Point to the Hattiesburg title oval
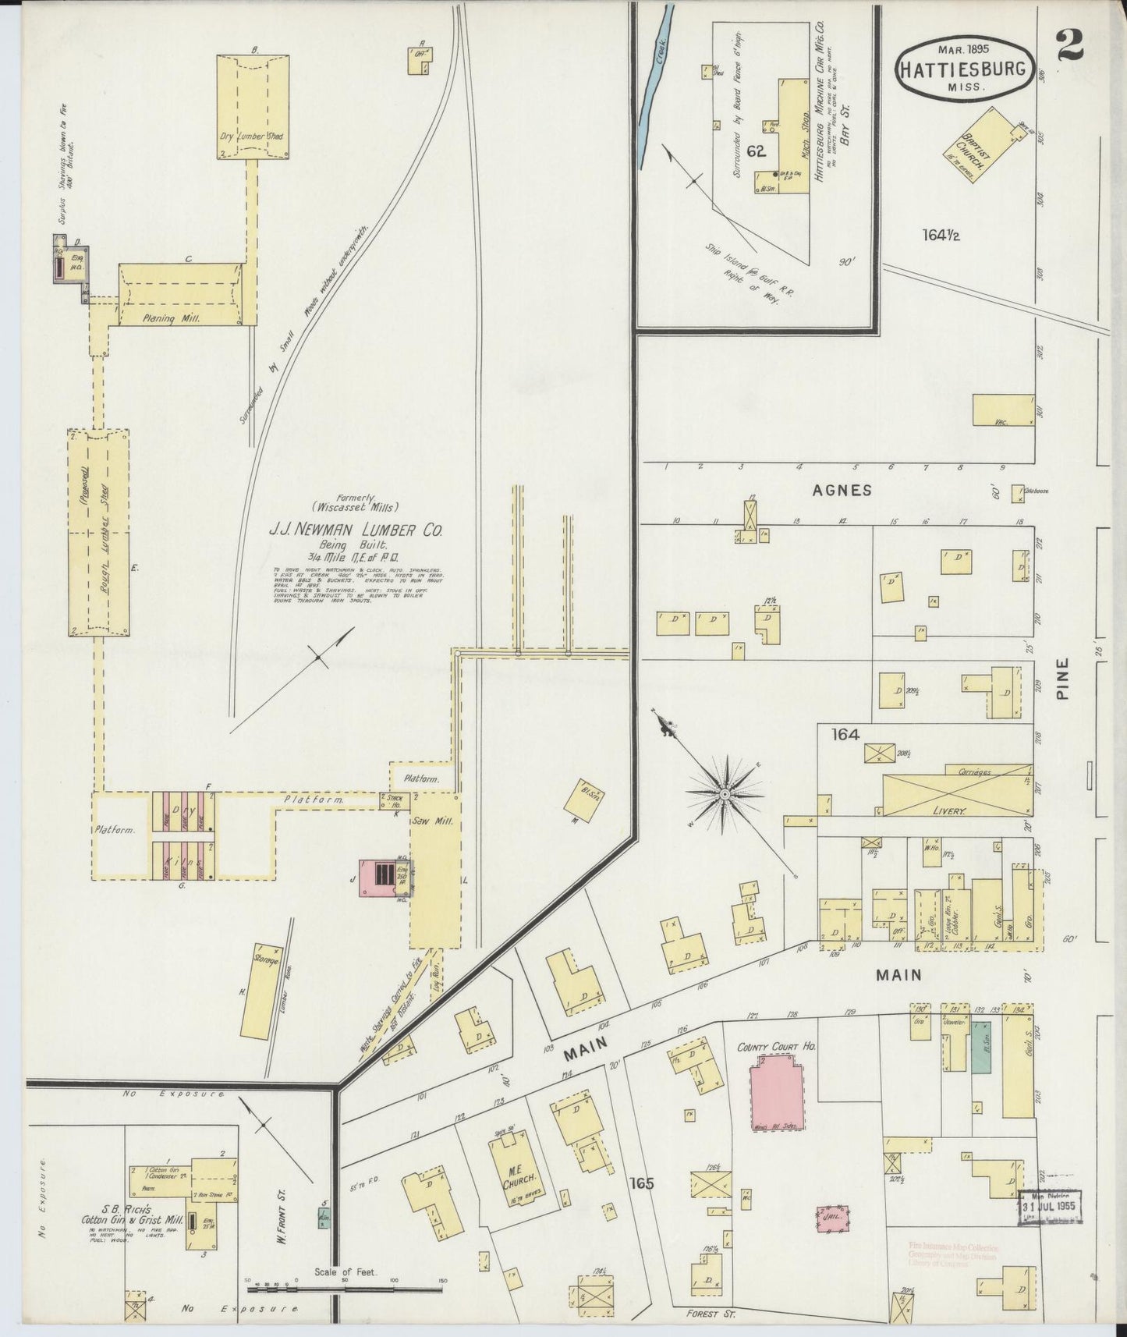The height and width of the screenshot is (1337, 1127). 966,69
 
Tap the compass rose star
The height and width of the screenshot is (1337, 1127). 725,793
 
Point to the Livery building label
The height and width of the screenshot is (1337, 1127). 948,811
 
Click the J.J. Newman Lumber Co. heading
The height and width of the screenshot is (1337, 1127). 356,530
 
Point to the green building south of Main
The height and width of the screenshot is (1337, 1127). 981,1046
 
